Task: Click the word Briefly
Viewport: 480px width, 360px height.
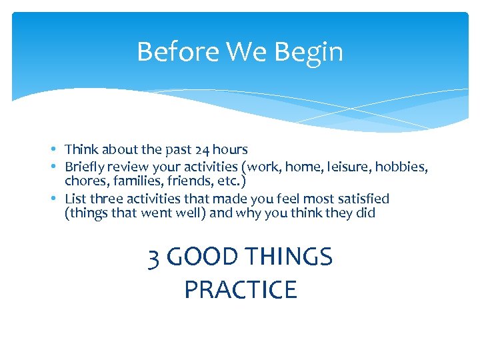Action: pyautogui.click(x=87, y=166)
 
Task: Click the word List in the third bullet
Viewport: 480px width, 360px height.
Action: pyautogui.click(x=75, y=199)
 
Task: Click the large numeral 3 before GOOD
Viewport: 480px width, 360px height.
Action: pyautogui.click(x=154, y=257)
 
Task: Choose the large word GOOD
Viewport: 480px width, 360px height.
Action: pyautogui.click(x=202, y=257)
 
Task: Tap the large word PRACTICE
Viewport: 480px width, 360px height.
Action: pyautogui.click(x=240, y=290)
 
